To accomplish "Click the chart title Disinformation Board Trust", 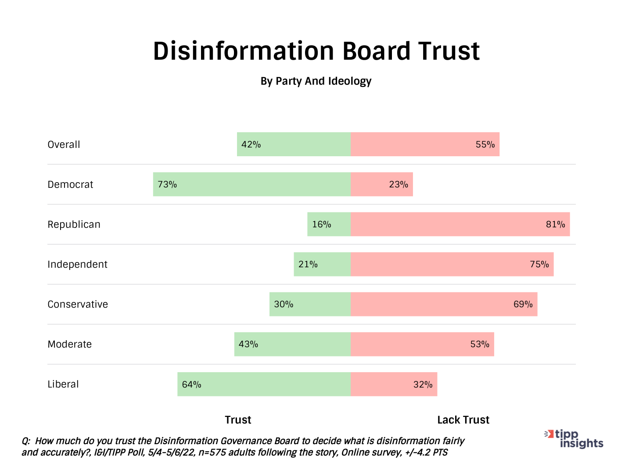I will coord(316,51).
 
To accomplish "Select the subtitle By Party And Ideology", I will coord(316,81).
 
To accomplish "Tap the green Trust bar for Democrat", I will coord(252,184).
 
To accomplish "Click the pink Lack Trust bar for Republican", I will coord(460,224).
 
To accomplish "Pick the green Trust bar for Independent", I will coord(322,264).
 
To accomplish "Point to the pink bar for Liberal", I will coord(394,384).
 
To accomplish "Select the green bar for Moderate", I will coord(292,344).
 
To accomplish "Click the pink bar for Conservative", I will coord(444,304).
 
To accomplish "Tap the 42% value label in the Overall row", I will coord(251,144).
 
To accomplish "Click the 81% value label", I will coord(555,224).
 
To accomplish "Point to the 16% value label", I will coord(321,224).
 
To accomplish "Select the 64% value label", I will coord(191,384).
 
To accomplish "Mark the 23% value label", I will coord(399,184).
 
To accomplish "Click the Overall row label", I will coord(64,144).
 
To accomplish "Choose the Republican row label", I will coord(74,224).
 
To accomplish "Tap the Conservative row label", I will coord(78,304).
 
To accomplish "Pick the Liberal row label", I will coord(63,384).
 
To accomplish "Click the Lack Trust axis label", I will coord(463,420).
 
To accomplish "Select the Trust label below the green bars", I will coord(238,420).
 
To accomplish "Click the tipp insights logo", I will coord(575,439).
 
